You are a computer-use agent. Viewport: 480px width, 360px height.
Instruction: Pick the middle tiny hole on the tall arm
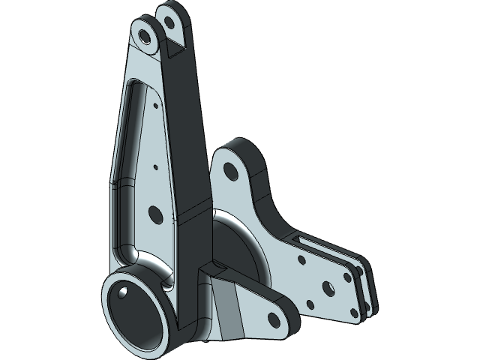[154, 167]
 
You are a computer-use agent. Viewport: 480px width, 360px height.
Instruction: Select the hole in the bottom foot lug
[273, 319]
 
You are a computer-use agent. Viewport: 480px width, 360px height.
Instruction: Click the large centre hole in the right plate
[328, 287]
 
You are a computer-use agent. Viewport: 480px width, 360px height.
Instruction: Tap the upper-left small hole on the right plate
[301, 260]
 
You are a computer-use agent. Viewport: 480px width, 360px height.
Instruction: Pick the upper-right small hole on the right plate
[346, 276]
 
